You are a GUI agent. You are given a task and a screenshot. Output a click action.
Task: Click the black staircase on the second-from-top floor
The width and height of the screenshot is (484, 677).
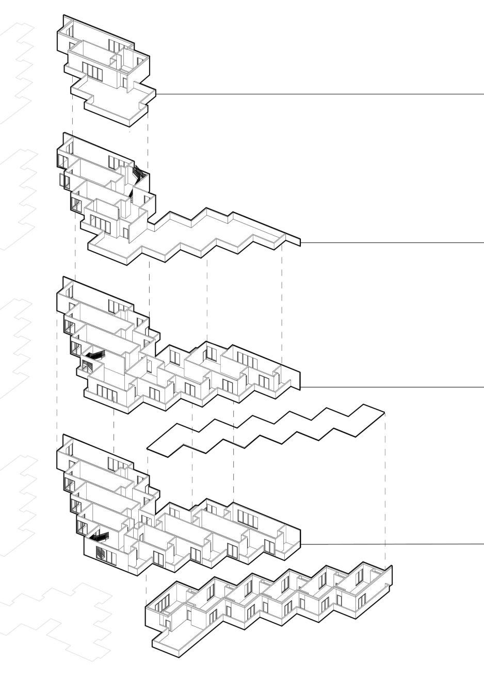pos(138,174)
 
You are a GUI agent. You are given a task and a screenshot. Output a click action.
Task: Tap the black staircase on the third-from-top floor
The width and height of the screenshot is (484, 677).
pos(94,356)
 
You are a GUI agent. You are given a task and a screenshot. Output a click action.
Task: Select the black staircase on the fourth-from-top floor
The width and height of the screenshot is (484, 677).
pos(99,538)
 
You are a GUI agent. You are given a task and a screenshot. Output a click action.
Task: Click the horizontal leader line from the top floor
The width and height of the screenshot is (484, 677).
pos(320,94)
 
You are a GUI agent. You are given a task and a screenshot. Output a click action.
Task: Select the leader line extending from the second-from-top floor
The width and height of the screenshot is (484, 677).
pos(392,242)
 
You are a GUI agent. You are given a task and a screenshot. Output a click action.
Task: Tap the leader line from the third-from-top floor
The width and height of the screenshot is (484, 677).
pos(392,386)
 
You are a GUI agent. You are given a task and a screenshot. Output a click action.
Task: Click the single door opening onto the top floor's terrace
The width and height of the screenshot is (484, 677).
pos(124,82)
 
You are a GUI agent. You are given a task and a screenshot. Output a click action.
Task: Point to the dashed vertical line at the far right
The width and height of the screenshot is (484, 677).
pos(385,490)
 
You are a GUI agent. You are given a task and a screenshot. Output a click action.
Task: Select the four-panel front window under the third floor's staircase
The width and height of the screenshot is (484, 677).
pos(105,392)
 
